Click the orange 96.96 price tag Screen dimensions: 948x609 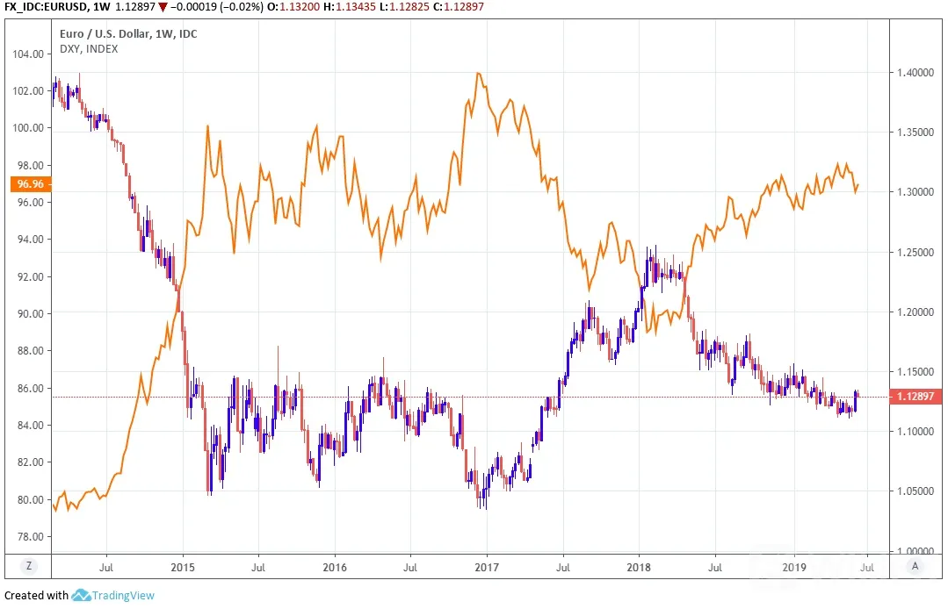[31, 183]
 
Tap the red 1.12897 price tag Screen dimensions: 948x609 [915, 397]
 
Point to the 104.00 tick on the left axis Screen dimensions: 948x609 [28, 54]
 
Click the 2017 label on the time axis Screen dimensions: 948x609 [487, 568]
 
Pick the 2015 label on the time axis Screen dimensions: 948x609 [183, 568]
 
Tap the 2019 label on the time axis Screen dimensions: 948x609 [794, 568]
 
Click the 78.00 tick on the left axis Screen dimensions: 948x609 [28, 536]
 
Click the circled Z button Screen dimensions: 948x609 [28, 566]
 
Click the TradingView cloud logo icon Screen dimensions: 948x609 [81, 596]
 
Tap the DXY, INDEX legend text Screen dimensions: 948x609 [89, 49]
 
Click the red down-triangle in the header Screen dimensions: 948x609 [162, 7]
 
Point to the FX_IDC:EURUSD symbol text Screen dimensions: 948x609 [44, 7]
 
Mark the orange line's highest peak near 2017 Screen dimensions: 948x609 [478, 73]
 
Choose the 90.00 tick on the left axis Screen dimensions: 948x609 [28, 314]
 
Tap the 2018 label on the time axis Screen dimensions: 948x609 [639, 568]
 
